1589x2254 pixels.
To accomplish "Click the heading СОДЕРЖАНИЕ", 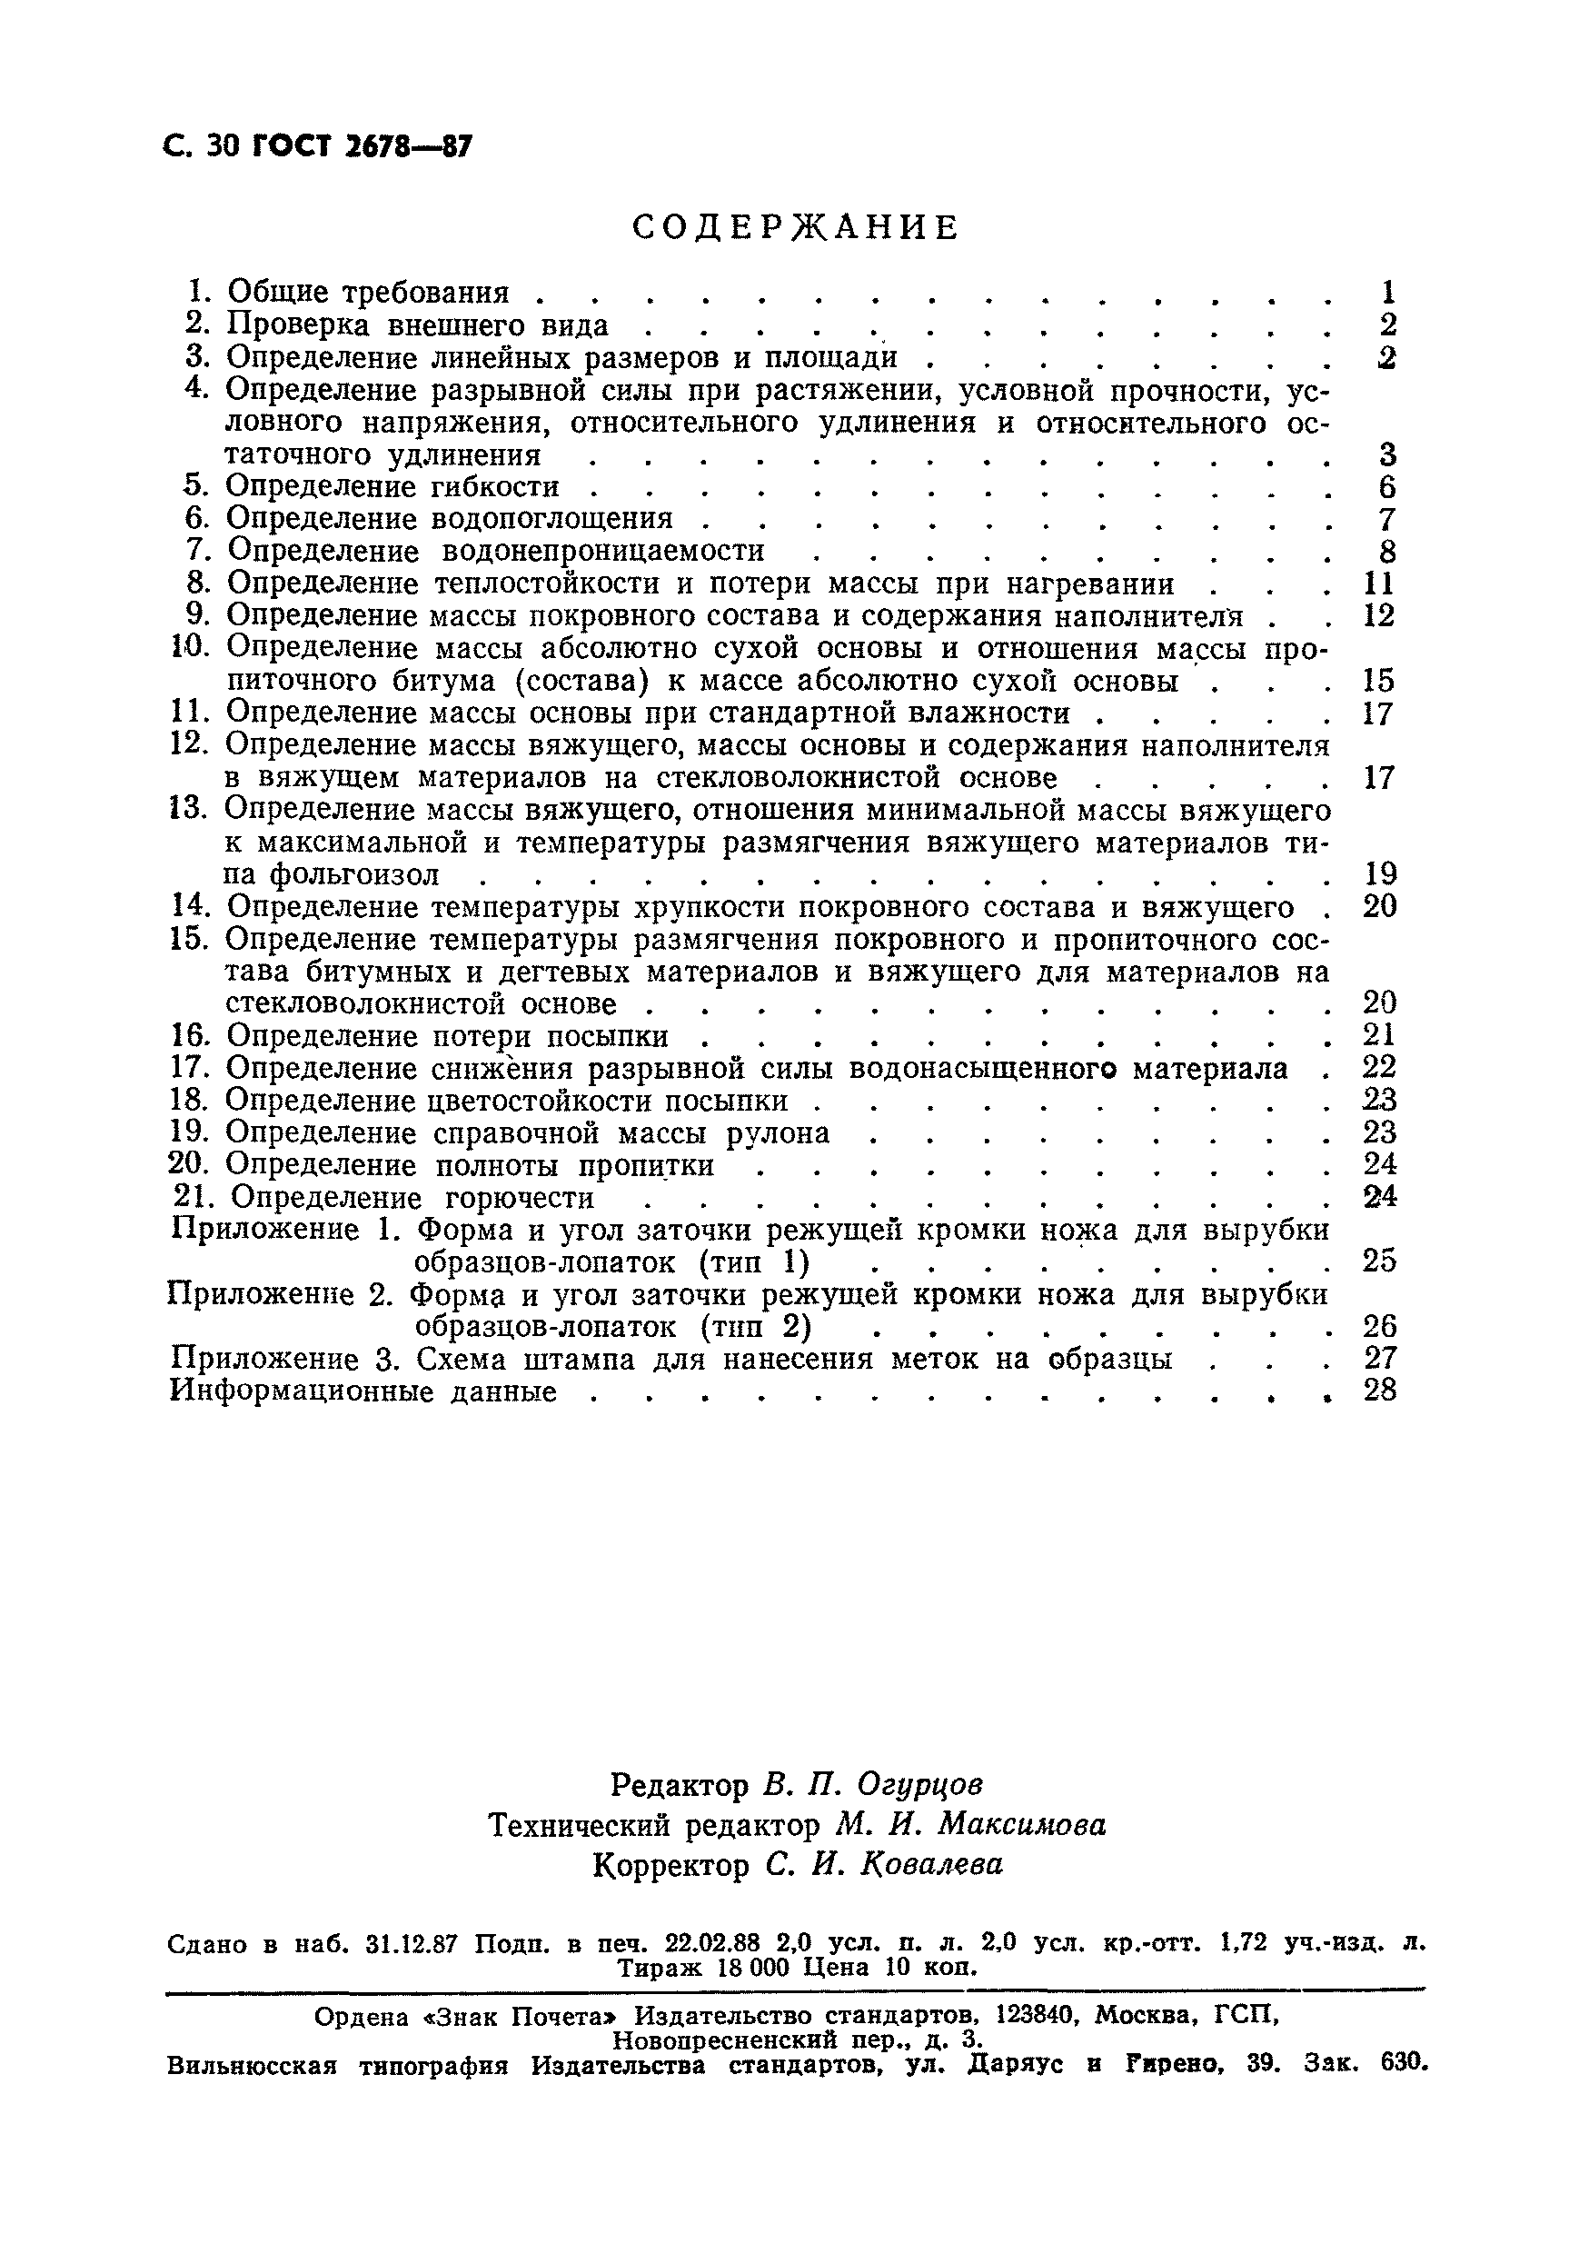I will (x=794, y=228).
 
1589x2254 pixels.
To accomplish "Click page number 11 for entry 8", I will (x=1379, y=584).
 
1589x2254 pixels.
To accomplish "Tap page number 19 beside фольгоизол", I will (x=1379, y=873).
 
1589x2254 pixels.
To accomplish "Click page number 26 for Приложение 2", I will (x=1379, y=1327).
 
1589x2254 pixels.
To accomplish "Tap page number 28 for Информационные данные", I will (x=1379, y=1391).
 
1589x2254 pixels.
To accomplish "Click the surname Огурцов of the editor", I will (x=919, y=1784).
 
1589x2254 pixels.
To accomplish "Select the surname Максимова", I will (x=1022, y=1825).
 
